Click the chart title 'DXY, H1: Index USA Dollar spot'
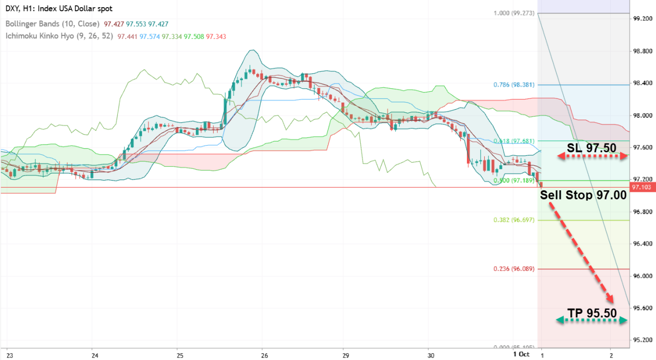[x=59, y=9]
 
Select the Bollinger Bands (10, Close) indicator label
[x=52, y=24]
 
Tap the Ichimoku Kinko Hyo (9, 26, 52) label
[x=59, y=36]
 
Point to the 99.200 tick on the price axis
[x=642, y=19]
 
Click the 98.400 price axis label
[x=642, y=84]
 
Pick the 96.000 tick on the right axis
[x=642, y=276]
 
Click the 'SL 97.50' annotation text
[x=591, y=148]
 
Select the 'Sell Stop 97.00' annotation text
[x=583, y=195]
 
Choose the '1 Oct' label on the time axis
[x=521, y=354]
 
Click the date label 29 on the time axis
[x=345, y=355]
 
